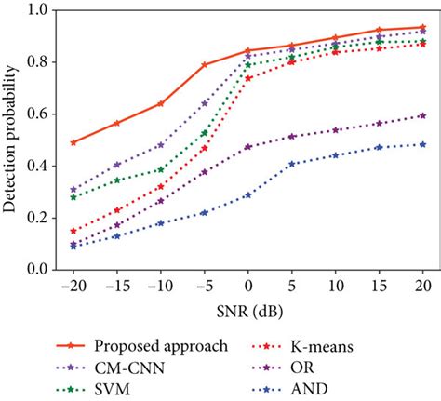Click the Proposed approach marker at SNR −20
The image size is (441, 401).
[73, 142]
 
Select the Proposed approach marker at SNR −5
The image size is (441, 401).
[205, 65]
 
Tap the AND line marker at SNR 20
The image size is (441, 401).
[422, 144]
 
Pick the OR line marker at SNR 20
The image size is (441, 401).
[422, 115]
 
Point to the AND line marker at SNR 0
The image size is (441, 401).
[248, 194]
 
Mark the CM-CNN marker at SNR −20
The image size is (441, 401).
[73, 189]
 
